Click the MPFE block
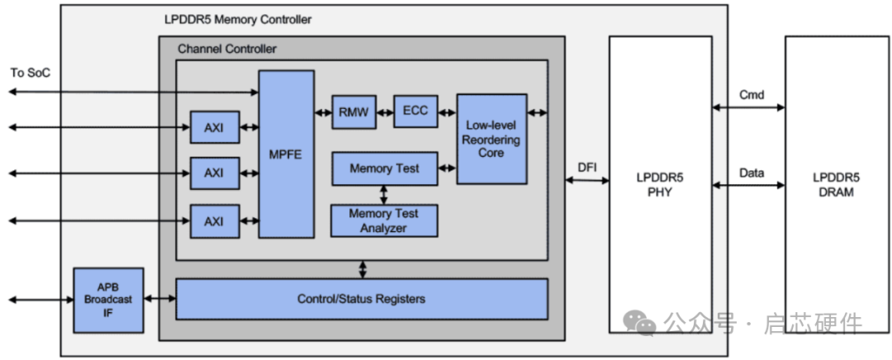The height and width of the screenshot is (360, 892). pos(286,154)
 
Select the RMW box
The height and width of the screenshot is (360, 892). pos(353,111)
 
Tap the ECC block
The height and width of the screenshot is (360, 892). pos(415,111)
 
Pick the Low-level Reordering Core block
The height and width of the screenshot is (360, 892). pos(491,139)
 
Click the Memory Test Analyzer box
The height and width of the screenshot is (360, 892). pos(384,220)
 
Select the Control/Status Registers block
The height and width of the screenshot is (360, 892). pos(361,299)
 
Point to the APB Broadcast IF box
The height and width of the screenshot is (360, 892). pos(107,300)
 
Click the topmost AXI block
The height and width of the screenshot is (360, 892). pos(214,127)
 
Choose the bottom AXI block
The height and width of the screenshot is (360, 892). pos(214,220)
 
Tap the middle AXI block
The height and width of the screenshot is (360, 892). pos(214,173)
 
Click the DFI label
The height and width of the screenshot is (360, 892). pos(587,168)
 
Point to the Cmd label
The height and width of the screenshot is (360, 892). pos(751,95)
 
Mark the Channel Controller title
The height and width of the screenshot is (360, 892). pos(227,49)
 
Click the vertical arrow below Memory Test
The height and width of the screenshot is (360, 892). pos(384,195)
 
